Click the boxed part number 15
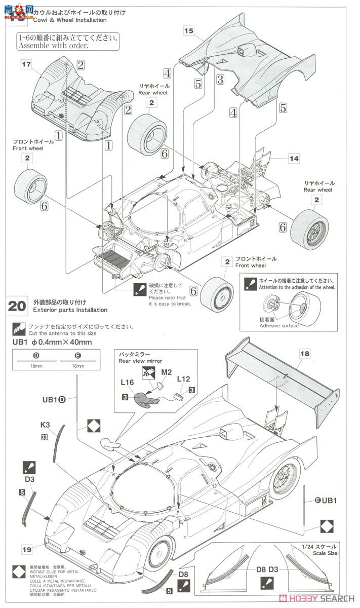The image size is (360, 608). (189, 31)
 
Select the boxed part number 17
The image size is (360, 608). (26, 64)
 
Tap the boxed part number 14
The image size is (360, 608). (294, 159)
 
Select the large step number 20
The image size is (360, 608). (17, 306)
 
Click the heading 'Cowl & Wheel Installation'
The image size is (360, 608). (70, 20)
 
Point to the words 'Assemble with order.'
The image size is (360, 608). (52, 46)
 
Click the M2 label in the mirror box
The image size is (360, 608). (167, 373)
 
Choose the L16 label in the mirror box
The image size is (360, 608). (127, 379)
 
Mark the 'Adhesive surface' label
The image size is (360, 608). (278, 325)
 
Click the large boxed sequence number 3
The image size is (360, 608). (220, 80)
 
